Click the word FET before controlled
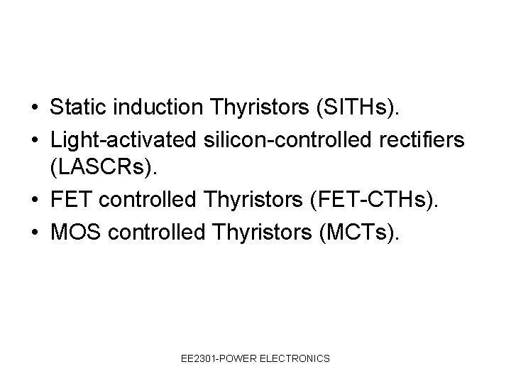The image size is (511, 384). [x=72, y=201]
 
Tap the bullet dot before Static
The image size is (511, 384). [x=34, y=109]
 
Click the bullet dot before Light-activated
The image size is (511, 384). [x=34, y=141]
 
